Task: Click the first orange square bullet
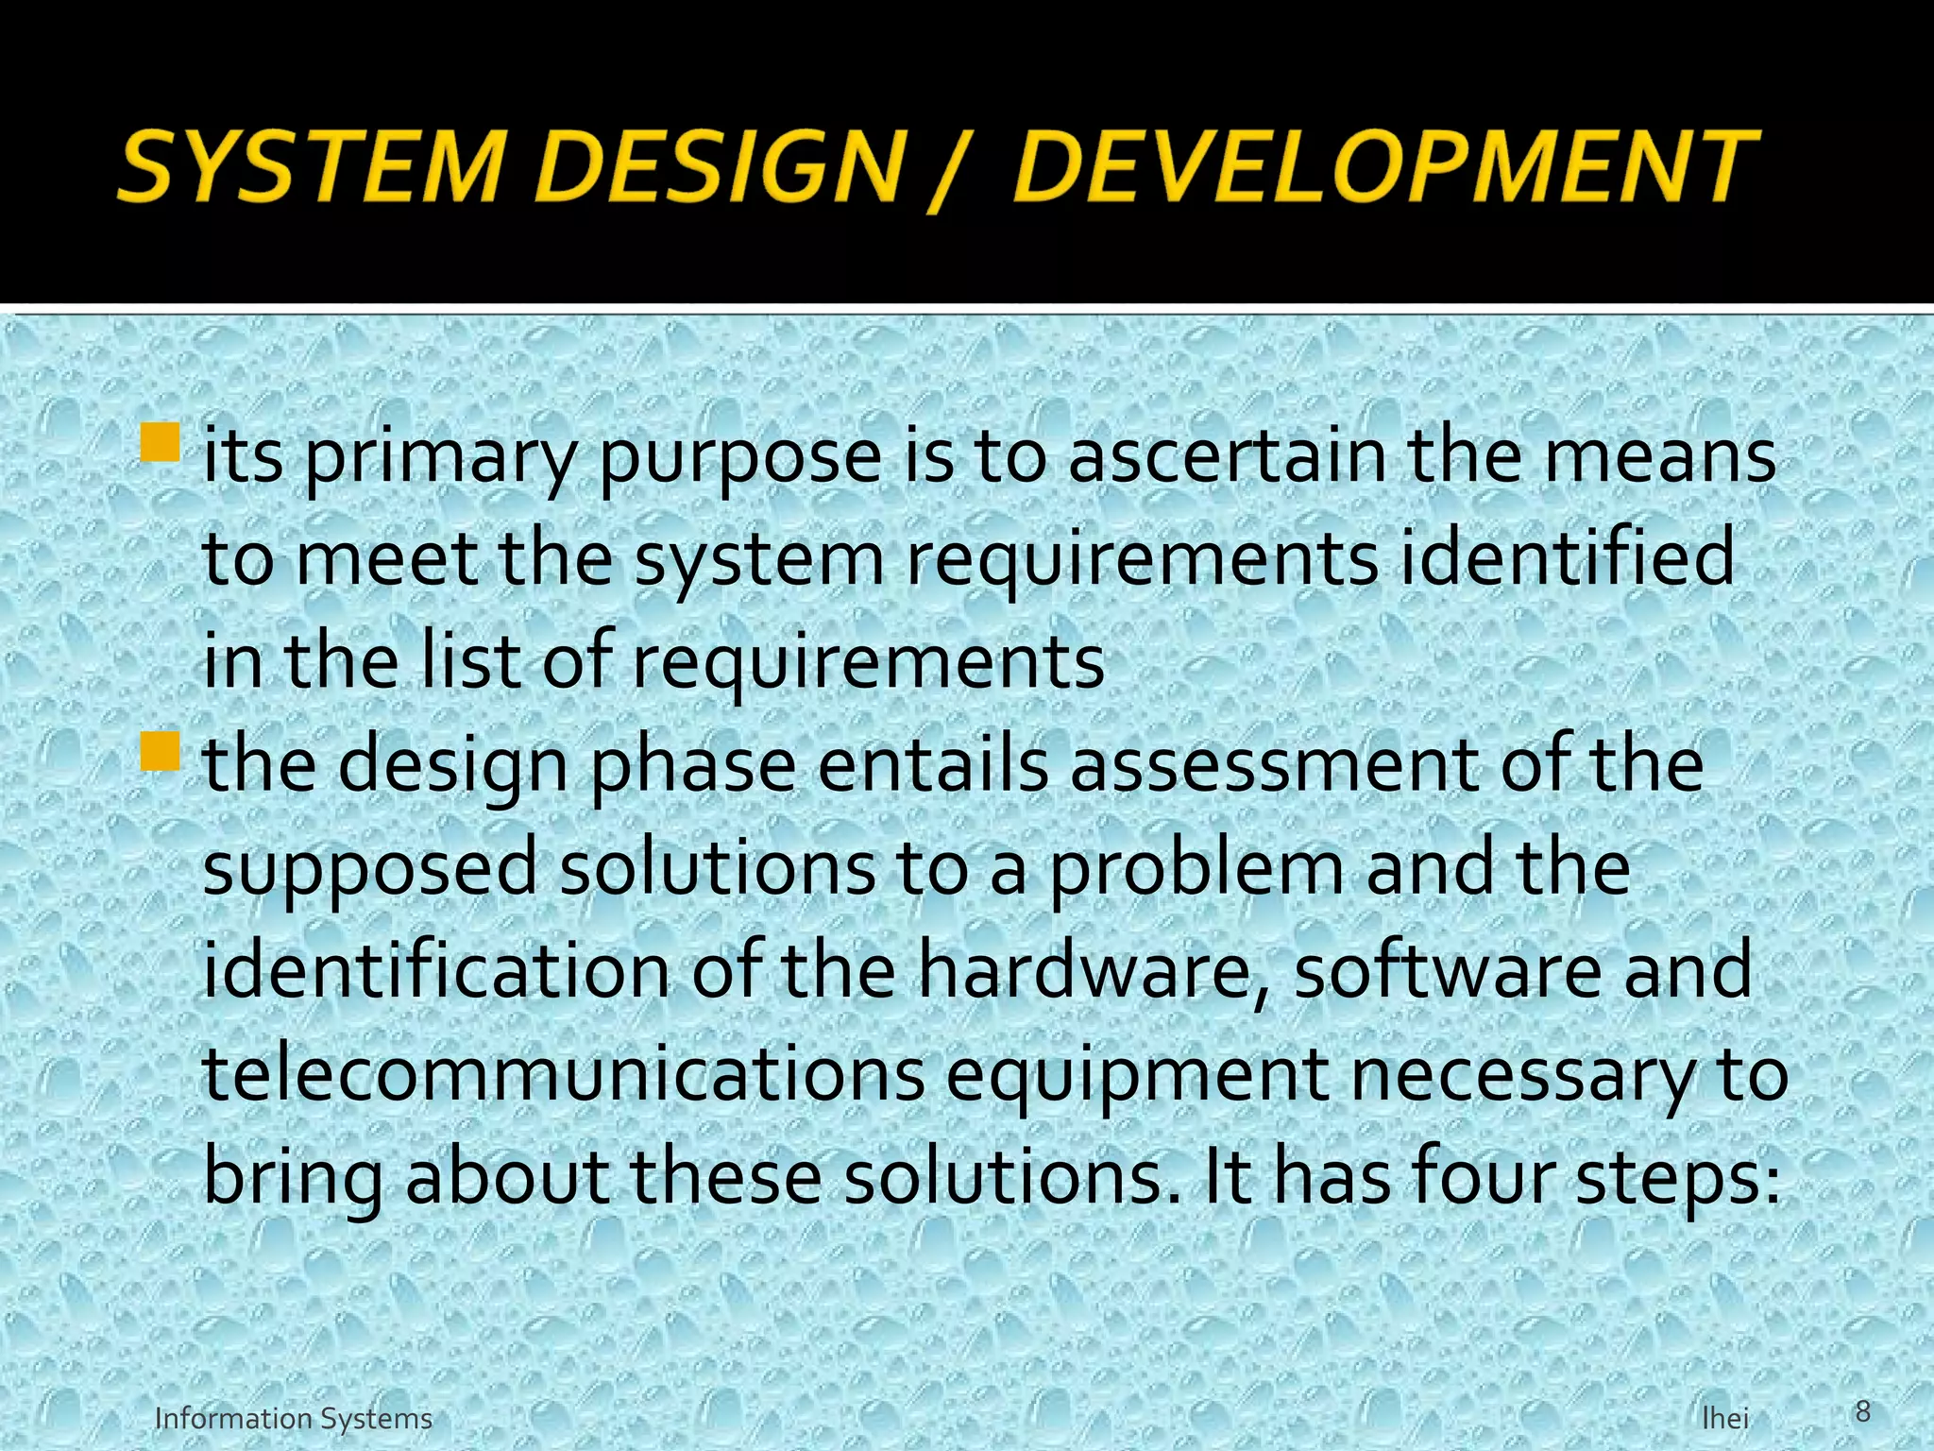pos(161,441)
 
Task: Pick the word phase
pos(693,765)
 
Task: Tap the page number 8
pos(1862,1411)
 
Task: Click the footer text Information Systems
pos(293,1419)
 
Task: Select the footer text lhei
pos(1724,1419)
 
